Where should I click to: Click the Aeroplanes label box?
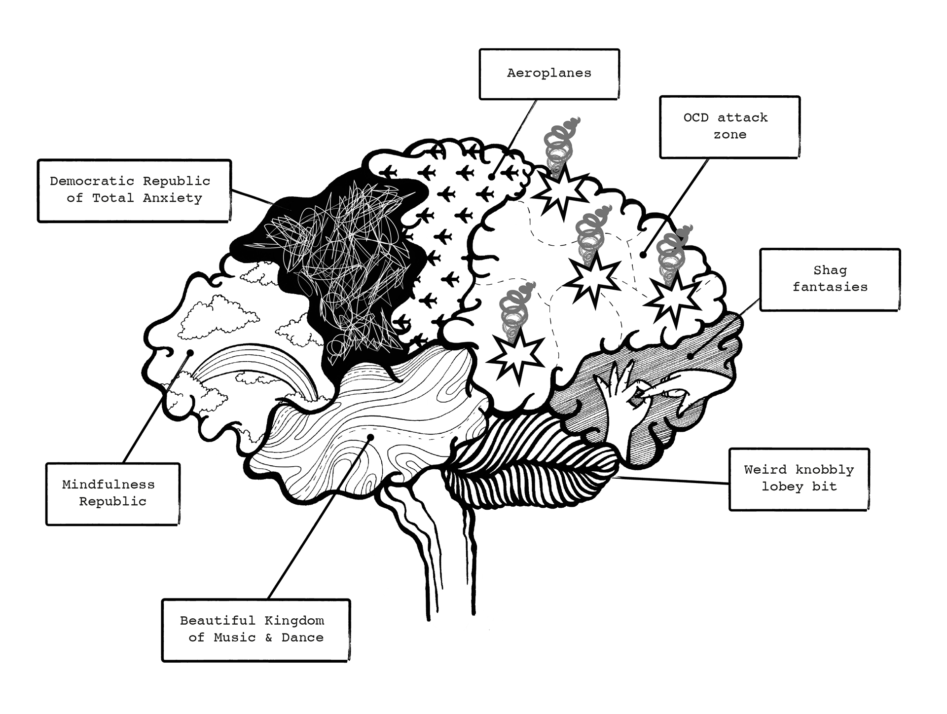pyautogui.click(x=549, y=74)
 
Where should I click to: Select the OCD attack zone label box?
pyautogui.click(x=729, y=127)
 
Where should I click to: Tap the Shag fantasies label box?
pyautogui.click(x=830, y=279)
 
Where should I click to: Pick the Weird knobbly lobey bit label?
pyautogui.click(x=799, y=479)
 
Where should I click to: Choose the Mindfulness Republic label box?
pyautogui.click(x=112, y=494)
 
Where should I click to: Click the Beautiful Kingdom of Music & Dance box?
pyautogui.click(x=255, y=630)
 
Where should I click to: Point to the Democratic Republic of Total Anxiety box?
pyautogui.click(x=134, y=190)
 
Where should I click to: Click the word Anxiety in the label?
pyautogui.click(x=173, y=198)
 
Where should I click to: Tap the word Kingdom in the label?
pyautogui.click(x=294, y=621)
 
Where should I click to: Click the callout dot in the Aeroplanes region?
pyautogui.click(x=492, y=176)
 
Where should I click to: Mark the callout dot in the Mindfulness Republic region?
pyautogui.click(x=190, y=353)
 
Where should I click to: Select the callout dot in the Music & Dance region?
pyautogui.click(x=370, y=437)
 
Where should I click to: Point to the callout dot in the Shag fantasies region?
pyautogui.click(x=691, y=355)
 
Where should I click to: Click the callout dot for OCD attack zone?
pyautogui.click(x=643, y=255)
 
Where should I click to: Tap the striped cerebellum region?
pyautogui.click(x=533, y=459)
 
